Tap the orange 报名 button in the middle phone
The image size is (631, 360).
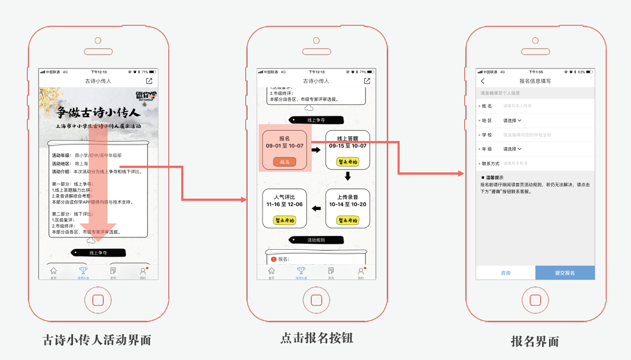click(x=284, y=162)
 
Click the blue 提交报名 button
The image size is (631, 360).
click(x=564, y=273)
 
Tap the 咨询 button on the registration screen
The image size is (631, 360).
click(x=505, y=273)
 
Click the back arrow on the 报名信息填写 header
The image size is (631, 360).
click(x=483, y=81)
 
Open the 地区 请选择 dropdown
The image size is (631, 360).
click(x=512, y=120)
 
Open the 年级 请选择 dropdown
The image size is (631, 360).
click(x=512, y=149)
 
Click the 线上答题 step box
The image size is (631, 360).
click(x=348, y=150)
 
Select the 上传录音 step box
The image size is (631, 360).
click(x=348, y=208)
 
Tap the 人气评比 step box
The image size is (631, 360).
click(x=284, y=208)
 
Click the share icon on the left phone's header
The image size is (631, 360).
click(x=149, y=81)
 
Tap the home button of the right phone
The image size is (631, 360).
click(x=535, y=300)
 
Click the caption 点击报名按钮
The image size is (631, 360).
click(x=317, y=338)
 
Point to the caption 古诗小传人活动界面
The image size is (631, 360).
click(x=97, y=340)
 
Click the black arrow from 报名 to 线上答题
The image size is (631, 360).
click(x=316, y=149)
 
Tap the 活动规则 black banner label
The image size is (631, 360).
click(x=316, y=240)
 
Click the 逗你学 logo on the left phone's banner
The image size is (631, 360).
click(x=146, y=96)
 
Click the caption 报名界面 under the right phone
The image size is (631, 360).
click(x=535, y=341)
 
